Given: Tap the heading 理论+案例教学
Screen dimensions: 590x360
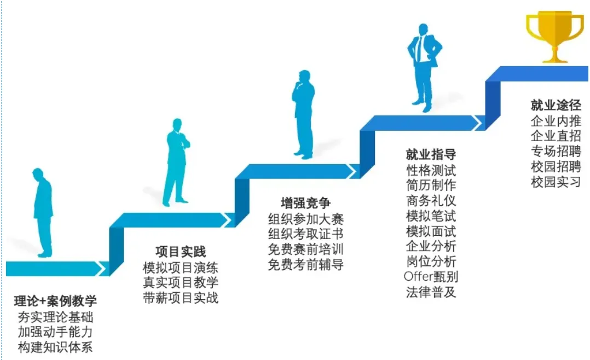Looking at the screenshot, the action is (x=55, y=300).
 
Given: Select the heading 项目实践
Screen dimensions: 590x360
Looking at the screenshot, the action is (x=181, y=252).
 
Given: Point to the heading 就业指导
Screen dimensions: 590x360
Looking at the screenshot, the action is (x=431, y=154).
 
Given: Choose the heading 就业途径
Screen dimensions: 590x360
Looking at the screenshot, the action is (x=556, y=105).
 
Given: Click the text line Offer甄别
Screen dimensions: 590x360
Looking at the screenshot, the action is (x=431, y=276).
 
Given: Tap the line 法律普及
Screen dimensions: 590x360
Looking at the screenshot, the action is (x=431, y=292).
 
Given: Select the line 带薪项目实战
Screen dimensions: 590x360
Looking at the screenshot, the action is (x=181, y=298).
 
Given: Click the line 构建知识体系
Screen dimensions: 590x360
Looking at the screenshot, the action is (x=55, y=347).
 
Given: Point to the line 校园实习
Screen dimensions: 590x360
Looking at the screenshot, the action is (x=556, y=182).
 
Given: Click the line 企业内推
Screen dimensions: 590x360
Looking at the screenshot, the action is (x=556, y=121).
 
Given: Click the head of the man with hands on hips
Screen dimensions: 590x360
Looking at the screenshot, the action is (x=423, y=30).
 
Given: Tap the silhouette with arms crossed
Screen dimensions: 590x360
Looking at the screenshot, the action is (x=176, y=161).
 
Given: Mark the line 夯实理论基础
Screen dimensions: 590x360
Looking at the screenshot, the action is (x=55, y=316).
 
